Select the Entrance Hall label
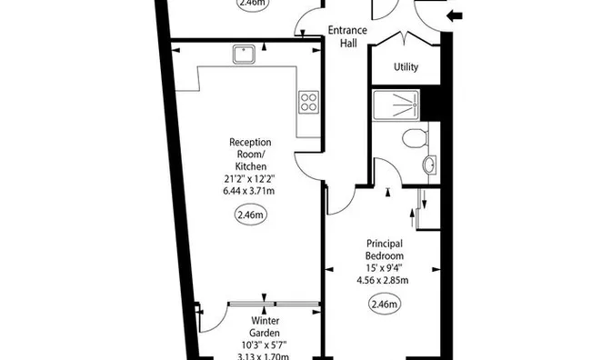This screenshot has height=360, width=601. (x=346, y=36)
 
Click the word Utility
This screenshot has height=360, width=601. (x=406, y=67)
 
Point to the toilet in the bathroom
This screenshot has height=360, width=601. (x=415, y=139)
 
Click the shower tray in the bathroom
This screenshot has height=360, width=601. (x=397, y=106)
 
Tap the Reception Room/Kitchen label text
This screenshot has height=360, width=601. (x=250, y=155)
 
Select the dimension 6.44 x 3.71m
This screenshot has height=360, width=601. (x=250, y=192)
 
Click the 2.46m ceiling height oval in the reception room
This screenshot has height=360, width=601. (x=250, y=215)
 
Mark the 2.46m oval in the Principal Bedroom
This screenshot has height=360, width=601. (x=384, y=305)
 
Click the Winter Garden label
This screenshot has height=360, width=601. (x=266, y=326)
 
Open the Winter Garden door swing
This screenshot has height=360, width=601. (x=211, y=318)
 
